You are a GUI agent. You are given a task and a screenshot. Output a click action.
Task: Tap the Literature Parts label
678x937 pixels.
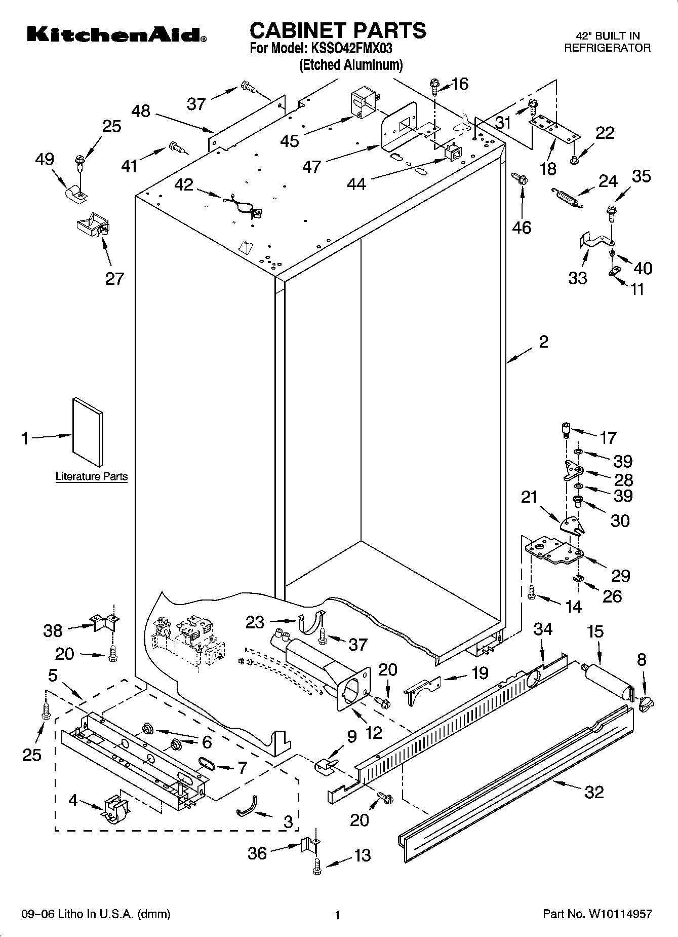pyautogui.click(x=91, y=476)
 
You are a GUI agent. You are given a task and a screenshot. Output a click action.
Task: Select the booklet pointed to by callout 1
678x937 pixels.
pyautogui.click(x=87, y=431)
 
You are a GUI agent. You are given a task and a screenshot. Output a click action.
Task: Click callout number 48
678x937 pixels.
pyautogui.click(x=141, y=111)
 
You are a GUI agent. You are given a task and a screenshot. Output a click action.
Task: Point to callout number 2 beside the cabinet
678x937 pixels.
pyautogui.click(x=543, y=342)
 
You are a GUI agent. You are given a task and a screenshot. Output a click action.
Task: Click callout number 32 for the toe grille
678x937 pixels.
pyautogui.click(x=594, y=792)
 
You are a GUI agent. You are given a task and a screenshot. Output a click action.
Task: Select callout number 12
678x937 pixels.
pyautogui.click(x=374, y=733)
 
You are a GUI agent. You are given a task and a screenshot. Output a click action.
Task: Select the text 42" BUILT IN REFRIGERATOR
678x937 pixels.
pyautogui.click(x=607, y=42)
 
